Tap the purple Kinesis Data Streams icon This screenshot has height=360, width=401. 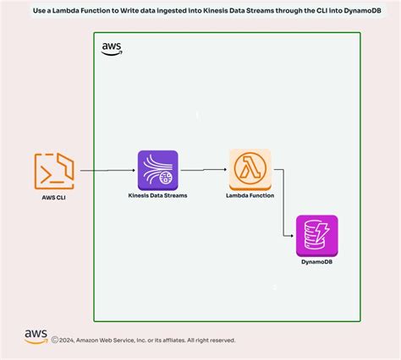(158, 170)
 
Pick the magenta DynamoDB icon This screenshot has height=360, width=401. (316, 235)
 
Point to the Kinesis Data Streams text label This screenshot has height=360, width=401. (158, 195)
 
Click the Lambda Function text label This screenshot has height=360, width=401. (250, 195)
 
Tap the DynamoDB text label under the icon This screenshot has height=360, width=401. (316, 262)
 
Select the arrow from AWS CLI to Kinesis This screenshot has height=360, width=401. (105, 171)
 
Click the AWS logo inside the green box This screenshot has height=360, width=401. (111, 49)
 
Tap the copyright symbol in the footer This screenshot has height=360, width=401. (55, 341)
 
